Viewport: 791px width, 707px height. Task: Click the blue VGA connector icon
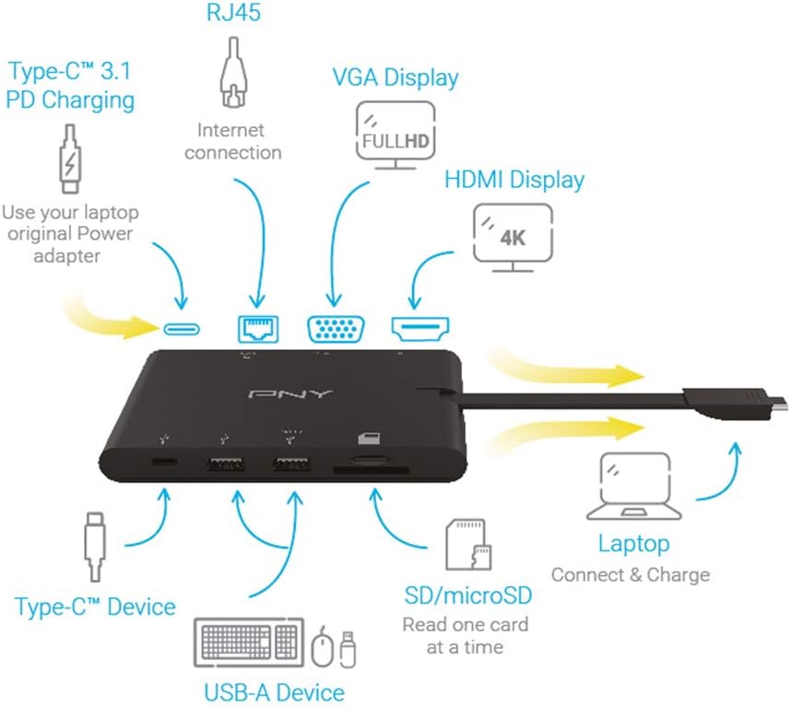[x=335, y=328]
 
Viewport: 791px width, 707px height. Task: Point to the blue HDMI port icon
[x=419, y=327]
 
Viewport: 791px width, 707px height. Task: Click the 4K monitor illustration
[x=513, y=232]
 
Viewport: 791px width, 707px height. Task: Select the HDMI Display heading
[x=514, y=179]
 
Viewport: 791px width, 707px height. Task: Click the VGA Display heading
[x=395, y=77]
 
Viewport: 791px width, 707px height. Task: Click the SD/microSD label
[x=468, y=595]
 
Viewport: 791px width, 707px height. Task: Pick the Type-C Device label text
[x=95, y=607]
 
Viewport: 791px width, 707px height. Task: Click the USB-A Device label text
[x=274, y=691]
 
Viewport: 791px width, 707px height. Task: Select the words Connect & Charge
[x=631, y=575]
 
